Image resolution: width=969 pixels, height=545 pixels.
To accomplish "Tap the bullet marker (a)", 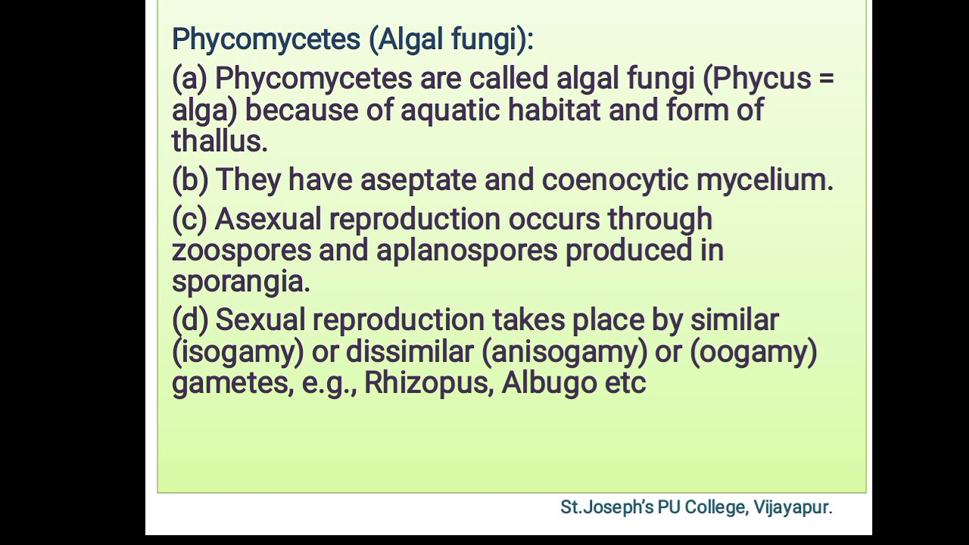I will pos(189,78).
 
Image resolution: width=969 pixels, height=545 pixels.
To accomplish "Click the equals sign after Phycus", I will pos(826,78).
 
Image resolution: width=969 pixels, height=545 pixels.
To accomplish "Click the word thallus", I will pos(218,141).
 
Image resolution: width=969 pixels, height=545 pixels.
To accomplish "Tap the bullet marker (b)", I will pos(189,180).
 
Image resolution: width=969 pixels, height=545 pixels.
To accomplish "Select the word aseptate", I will pos(417,180).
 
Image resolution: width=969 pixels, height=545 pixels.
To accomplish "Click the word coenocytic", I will pos(615,180).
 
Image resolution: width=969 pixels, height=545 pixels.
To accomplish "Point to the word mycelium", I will pos(763,180).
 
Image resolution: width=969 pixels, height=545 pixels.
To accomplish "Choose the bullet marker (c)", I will pos(189,220).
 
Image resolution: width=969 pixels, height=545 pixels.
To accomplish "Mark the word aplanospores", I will pos(466,251).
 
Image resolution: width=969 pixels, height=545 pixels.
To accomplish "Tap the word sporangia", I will pos(239,282).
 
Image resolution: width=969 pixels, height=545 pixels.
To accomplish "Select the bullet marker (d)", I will pos(190,320).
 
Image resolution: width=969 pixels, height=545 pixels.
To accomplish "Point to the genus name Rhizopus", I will pos(428,383).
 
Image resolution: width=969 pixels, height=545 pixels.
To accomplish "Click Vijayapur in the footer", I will pos(792,507).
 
